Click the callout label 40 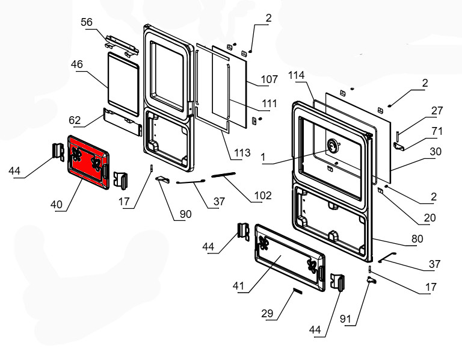(x=57, y=205)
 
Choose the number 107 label (x=269, y=79)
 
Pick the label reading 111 (x=269, y=104)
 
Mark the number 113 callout (x=242, y=153)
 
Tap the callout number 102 (x=263, y=195)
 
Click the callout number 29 (x=268, y=313)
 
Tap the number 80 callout (x=417, y=238)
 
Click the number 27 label (x=436, y=110)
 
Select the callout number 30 (x=436, y=152)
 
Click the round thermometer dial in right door (x=331, y=146)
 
